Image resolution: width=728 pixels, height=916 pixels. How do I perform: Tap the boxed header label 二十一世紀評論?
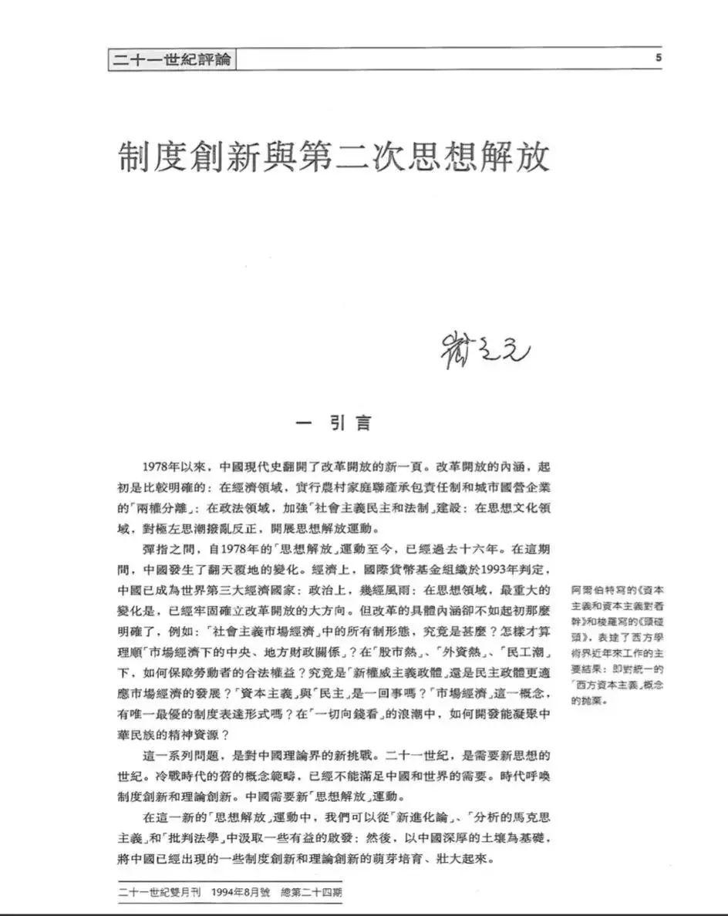tap(171, 60)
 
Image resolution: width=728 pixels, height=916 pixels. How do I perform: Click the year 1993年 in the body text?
tap(504, 571)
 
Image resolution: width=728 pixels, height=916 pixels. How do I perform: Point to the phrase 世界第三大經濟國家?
tap(251, 591)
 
